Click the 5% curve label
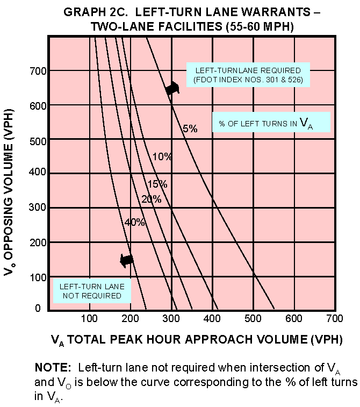190,129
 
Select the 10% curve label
162,157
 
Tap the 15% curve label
157,184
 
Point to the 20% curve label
151,199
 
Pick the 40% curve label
135,222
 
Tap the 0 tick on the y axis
38,308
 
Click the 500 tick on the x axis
253,319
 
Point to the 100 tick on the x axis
90,319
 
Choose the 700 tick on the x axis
335,319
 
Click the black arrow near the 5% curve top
172,89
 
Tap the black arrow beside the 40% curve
126,260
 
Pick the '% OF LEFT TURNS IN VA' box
270,123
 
